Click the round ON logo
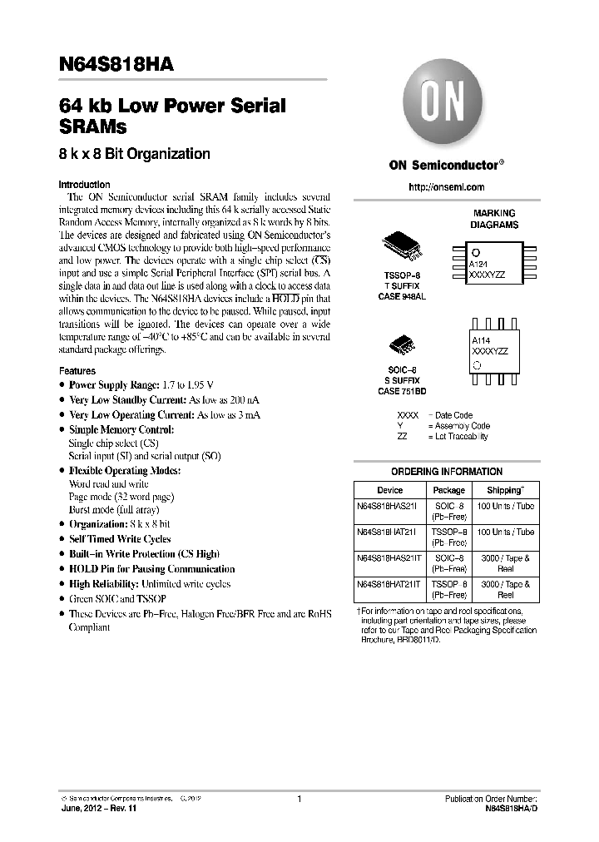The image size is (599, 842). click(x=437, y=104)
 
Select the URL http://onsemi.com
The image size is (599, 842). click(x=447, y=187)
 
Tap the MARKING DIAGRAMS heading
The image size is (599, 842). click(x=494, y=219)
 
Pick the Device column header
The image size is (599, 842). click(x=389, y=490)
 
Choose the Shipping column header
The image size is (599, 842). click(x=505, y=490)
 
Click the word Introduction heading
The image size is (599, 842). click(x=84, y=185)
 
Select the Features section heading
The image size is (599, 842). click(x=77, y=370)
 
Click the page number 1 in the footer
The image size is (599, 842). click(x=299, y=799)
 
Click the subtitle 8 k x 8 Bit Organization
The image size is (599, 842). click(x=134, y=154)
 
